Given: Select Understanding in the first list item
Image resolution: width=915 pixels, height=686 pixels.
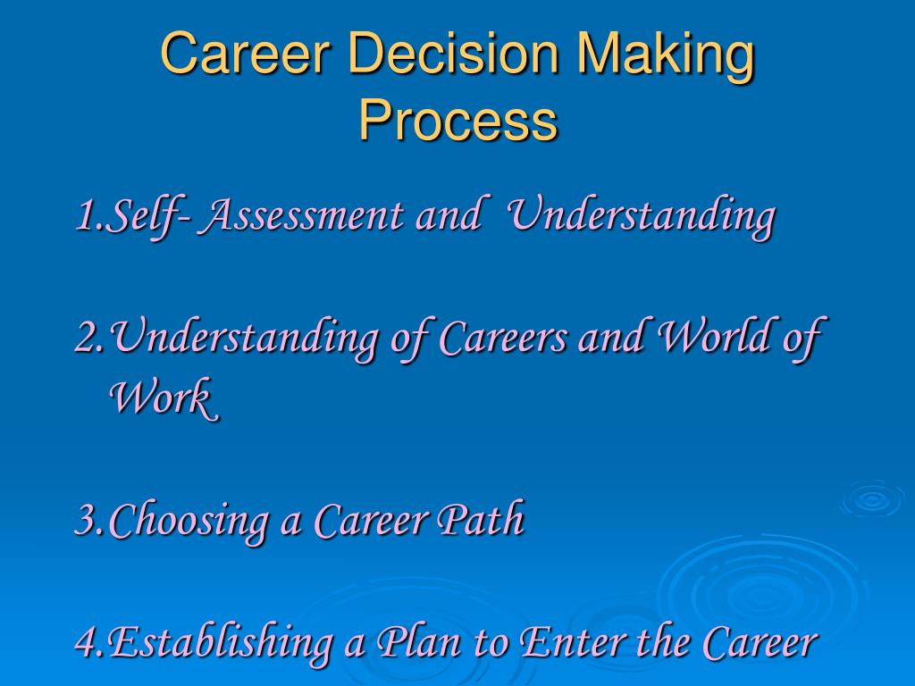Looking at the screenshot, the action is pyautogui.click(x=641, y=217).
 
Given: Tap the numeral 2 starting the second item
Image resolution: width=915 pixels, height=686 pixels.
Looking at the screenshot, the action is pyautogui.click(x=88, y=338).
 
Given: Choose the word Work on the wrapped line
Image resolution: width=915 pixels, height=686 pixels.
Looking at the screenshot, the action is pyautogui.click(x=164, y=397).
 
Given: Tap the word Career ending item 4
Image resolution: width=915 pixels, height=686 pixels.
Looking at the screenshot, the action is pyautogui.click(x=760, y=641).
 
